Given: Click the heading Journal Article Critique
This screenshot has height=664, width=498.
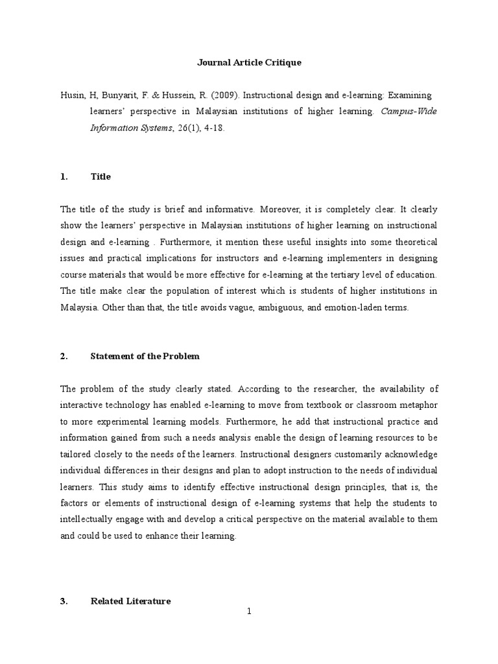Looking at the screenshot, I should click(249, 63).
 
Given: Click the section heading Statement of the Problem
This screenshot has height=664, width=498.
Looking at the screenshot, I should click(145, 356).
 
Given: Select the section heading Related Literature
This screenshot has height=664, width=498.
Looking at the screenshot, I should click(130, 601).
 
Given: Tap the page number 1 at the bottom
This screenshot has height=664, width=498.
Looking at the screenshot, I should click(248, 611).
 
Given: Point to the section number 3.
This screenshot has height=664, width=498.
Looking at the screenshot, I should click(64, 601).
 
